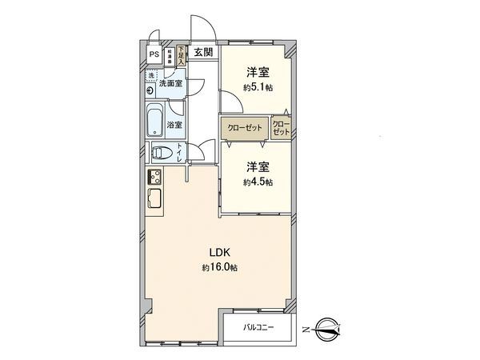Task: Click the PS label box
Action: pyautogui.click(x=154, y=55)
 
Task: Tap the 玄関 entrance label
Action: pyautogui.click(x=203, y=53)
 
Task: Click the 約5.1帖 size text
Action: pyautogui.click(x=258, y=88)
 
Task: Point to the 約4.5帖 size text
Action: pyautogui.click(x=258, y=182)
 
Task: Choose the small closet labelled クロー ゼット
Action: pyautogui.click(x=281, y=127)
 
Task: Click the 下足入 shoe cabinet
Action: pyautogui.click(x=182, y=56)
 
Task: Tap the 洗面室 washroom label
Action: pyautogui.click(x=170, y=83)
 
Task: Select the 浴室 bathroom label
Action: pyautogui.click(x=174, y=125)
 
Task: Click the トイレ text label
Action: pyautogui.click(x=179, y=152)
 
